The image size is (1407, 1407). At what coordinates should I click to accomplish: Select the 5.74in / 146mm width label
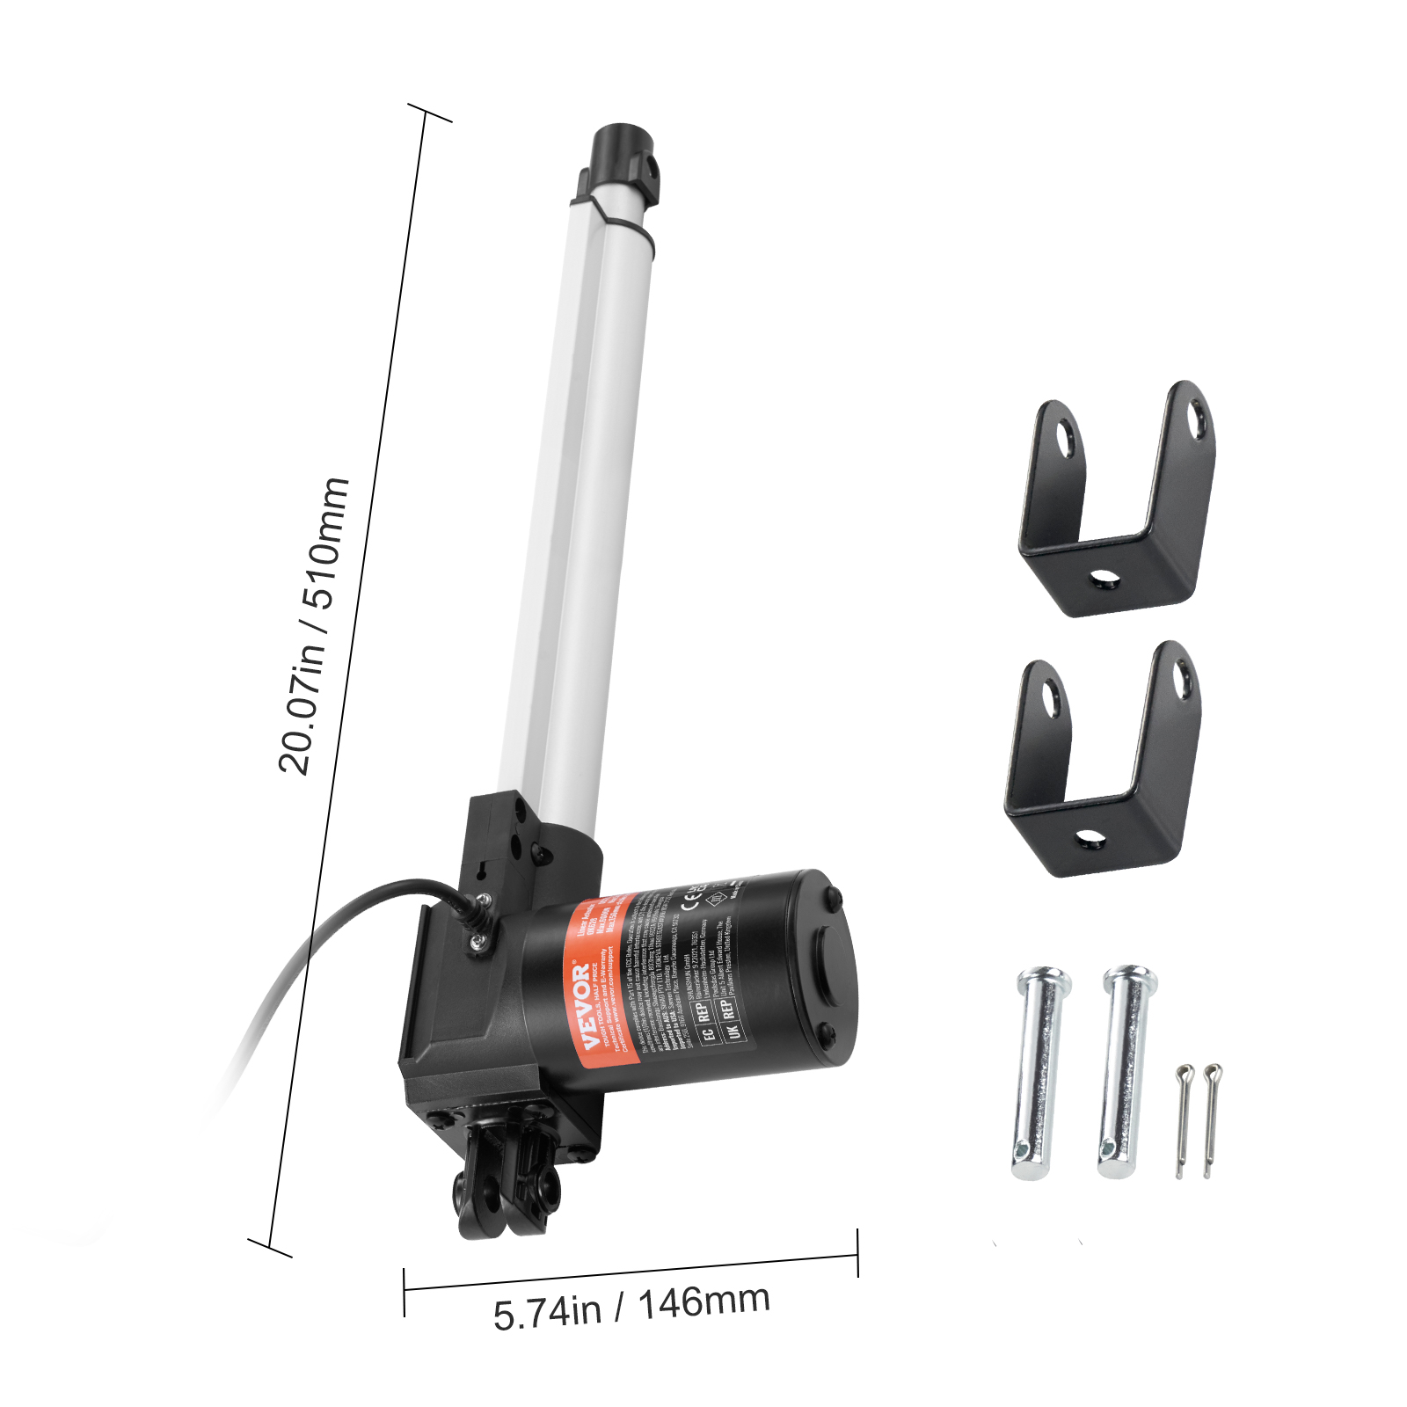(x=631, y=1307)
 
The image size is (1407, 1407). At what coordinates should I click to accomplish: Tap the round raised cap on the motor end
(x=825, y=966)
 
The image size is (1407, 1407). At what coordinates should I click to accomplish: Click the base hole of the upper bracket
(x=1103, y=579)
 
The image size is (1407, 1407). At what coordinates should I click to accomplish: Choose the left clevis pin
(x=1040, y=1073)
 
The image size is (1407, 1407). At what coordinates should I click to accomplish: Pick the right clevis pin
(x=1125, y=1071)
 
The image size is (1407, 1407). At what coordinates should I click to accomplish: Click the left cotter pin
(x=1182, y=1120)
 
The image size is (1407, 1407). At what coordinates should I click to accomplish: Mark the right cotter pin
(x=1211, y=1119)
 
